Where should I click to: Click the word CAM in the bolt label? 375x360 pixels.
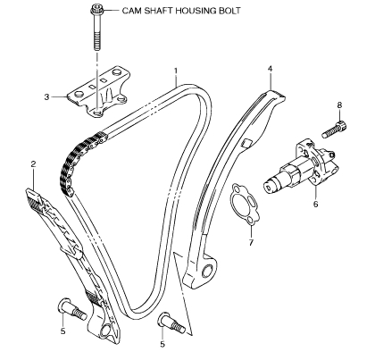pos(132,11)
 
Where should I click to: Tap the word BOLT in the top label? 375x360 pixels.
pos(230,11)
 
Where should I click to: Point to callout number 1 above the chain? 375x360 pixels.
pos(176,71)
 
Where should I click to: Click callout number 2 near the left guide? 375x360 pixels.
pos(33,163)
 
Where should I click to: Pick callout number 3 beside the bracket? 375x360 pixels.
pos(46,97)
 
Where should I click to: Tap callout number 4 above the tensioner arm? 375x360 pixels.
pos(270,69)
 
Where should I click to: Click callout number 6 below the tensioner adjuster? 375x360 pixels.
pos(316,204)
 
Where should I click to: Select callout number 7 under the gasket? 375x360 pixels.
pos(251,243)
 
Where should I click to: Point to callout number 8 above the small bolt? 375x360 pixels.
pos(339,105)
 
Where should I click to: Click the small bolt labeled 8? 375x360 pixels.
pos(334,130)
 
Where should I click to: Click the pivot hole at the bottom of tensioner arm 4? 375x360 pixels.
pos(206,271)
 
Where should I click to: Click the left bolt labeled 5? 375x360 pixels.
pos(71,309)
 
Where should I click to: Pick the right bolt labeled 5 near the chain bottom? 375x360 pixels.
pos(172,322)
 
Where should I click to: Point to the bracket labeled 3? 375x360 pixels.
pos(98,91)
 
